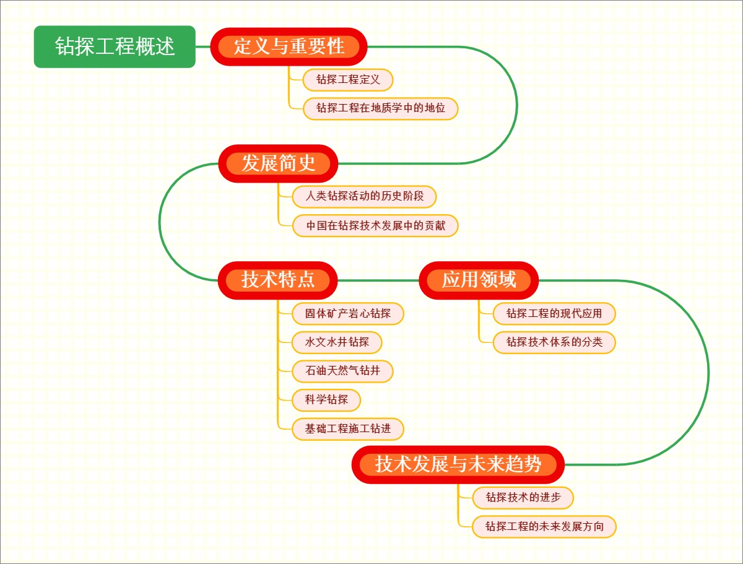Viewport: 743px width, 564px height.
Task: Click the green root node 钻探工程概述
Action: pos(115,46)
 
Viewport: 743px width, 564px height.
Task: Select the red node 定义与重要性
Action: pos(289,46)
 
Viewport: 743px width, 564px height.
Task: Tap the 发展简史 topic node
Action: pos(278,163)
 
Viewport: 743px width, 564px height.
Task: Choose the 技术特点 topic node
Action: pos(278,280)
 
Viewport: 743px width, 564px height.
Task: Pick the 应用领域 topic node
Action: pos(479,280)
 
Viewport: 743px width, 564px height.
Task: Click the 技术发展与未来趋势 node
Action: pos(458,464)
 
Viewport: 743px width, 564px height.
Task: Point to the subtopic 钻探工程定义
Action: pos(348,80)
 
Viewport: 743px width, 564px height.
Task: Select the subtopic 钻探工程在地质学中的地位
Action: pos(381,108)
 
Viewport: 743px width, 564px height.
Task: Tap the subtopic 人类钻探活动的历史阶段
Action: pos(365,197)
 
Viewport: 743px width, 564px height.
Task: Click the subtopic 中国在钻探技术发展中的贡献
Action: pos(376,225)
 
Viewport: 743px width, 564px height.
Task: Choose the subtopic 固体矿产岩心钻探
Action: pos(348,314)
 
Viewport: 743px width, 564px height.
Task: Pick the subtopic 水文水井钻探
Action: pos(337,342)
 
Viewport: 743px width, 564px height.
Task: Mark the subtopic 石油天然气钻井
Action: pos(342,371)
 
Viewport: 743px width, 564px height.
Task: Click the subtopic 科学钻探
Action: pos(326,400)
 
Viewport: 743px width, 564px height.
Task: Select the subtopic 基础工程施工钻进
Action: pos(348,428)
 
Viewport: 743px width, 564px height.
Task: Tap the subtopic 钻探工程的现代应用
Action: pos(554,314)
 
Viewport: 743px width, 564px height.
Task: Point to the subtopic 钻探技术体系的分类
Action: pos(554,342)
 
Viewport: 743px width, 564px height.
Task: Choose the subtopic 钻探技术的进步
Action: pos(523,497)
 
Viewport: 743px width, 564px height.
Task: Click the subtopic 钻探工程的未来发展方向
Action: pos(544,527)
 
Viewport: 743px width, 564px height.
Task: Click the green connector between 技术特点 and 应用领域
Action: pos(379,280)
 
